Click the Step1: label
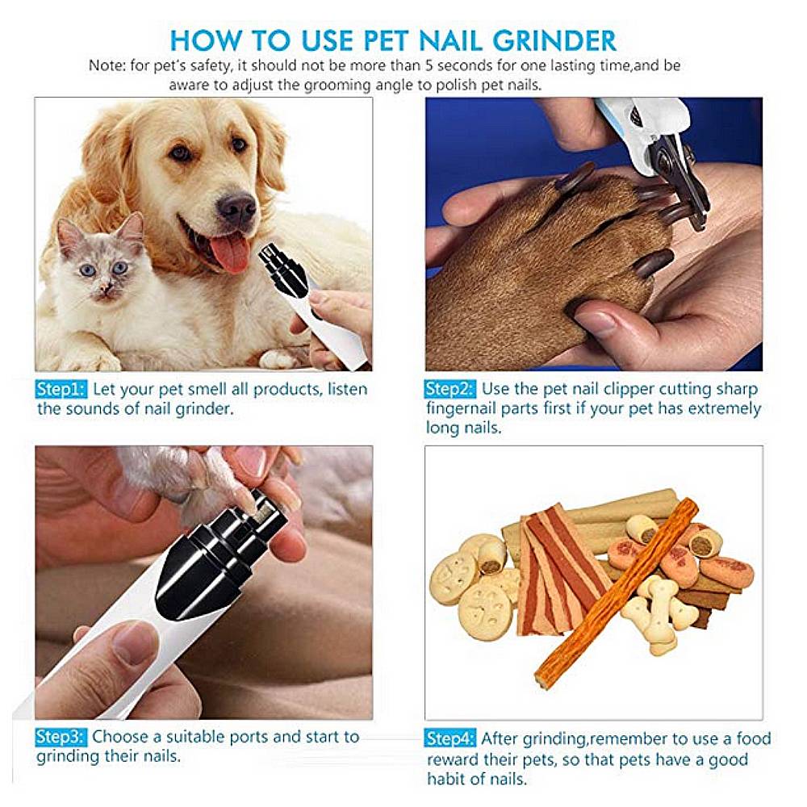click(61, 390)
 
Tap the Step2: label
click(450, 390)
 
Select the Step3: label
click(61, 737)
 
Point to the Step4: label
click(450, 738)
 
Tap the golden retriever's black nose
click(236, 209)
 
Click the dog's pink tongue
click(231, 253)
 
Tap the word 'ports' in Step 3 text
click(246, 737)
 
